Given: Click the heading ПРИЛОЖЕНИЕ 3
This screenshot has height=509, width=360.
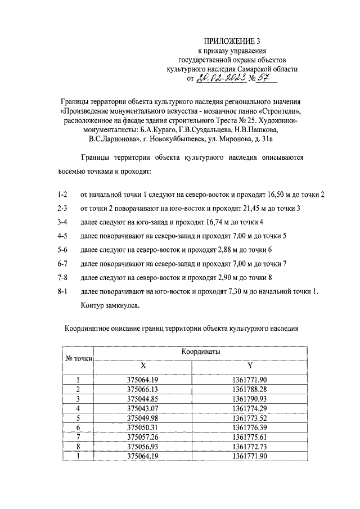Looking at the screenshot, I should (232, 40).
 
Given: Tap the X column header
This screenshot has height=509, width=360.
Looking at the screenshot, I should (142, 365).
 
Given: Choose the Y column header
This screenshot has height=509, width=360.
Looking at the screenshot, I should (249, 365).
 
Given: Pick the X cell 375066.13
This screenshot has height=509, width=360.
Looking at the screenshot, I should (142, 389).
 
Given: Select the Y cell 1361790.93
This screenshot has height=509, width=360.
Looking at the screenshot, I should (249, 398).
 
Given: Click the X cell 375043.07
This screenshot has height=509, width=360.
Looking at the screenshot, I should (142, 407).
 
